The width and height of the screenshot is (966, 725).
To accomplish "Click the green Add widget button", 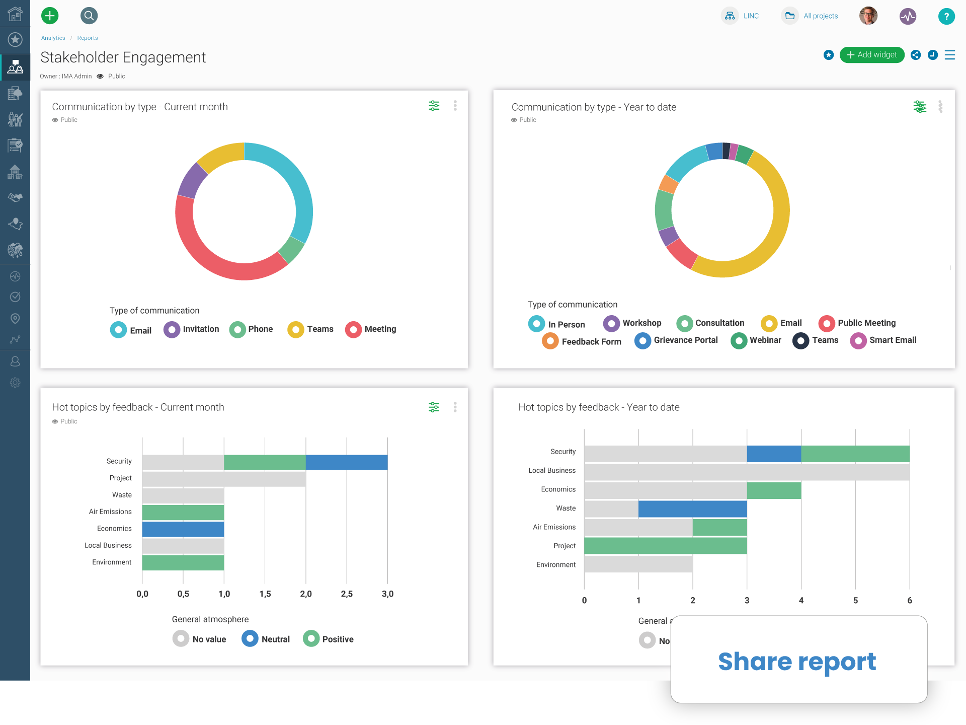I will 871,55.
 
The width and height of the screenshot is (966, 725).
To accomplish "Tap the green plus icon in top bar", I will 50,16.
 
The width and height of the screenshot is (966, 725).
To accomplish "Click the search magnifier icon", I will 89,16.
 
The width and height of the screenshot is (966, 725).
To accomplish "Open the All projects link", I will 820,16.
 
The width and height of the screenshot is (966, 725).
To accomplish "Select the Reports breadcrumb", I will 88,38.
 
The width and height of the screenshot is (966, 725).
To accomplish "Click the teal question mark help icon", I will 946,16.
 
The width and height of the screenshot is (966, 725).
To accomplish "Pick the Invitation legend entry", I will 192,329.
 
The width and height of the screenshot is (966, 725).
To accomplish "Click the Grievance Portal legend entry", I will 676,340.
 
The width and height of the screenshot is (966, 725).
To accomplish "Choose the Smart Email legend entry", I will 883,340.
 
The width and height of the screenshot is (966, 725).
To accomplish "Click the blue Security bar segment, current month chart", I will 346,462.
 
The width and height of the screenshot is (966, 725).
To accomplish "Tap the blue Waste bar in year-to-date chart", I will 692,509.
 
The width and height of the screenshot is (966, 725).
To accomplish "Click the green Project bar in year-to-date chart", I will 665,546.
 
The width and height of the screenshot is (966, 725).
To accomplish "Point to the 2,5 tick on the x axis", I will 347,594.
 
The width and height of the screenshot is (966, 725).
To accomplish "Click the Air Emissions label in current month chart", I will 110,512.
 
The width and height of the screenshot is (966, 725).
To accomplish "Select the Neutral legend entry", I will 266,639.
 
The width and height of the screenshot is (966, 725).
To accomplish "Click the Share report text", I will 797,661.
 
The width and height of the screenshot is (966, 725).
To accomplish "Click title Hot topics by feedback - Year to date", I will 599,407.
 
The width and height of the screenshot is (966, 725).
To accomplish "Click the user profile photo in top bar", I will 868,16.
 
